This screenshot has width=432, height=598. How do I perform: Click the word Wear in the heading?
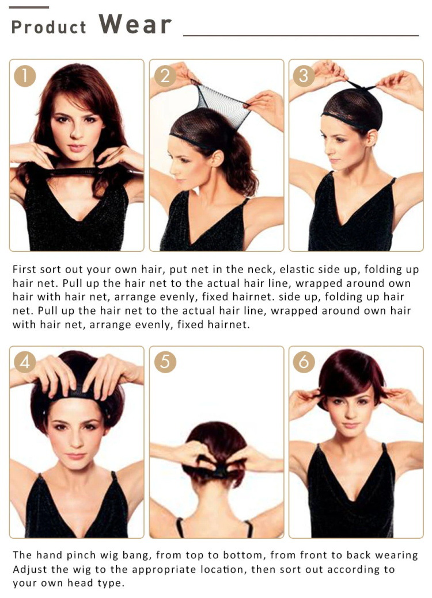coord(135,25)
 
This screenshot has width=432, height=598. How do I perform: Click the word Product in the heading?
coord(48,27)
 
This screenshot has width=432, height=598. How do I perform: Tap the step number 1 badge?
coord(25,75)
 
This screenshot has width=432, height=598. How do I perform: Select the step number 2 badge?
coord(165,75)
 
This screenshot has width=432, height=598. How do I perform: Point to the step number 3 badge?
coord(304,75)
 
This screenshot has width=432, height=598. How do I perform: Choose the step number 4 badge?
coord(25,362)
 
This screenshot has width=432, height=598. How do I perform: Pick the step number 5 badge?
coord(165,362)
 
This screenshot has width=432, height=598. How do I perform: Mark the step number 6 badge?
coord(304,362)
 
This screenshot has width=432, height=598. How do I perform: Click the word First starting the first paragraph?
coord(26,269)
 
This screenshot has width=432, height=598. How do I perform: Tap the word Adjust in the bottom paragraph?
coord(29,569)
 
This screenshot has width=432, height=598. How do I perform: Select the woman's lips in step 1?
coord(77,148)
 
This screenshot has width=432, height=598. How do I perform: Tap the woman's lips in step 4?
coord(77,455)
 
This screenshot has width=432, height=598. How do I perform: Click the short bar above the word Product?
coord(29,7)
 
